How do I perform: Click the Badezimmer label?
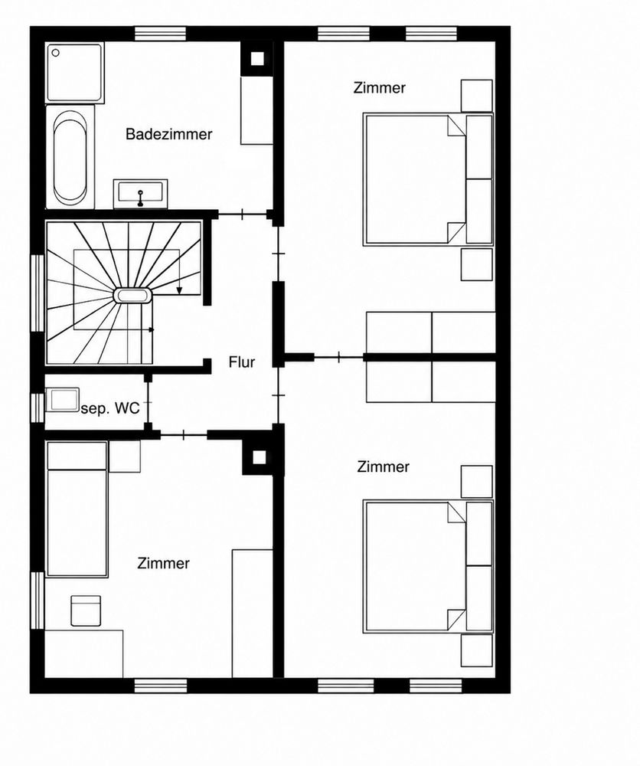click(169, 134)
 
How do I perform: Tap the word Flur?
click(242, 362)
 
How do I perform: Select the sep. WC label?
click(110, 408)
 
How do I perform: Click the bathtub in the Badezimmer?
click(70, 157)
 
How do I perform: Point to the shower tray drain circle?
click(56, 53)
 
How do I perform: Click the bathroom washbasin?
click(141, 194)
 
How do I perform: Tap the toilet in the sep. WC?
click(62, 400)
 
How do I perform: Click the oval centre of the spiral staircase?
click(132, 296)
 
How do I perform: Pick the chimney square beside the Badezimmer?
click(257, 59)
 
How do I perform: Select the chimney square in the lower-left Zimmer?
click(260, 457)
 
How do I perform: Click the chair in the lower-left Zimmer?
click(86, 611)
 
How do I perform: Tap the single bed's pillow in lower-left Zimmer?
click(77, 456)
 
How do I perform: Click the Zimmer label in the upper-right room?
click(379, 88)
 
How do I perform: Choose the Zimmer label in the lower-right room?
click(384, 466)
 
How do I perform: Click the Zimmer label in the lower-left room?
click(163, 563)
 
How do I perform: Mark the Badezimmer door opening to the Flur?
click(243, 214)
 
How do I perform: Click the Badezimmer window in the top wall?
click(160, 34)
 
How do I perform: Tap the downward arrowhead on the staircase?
click(179, 290)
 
